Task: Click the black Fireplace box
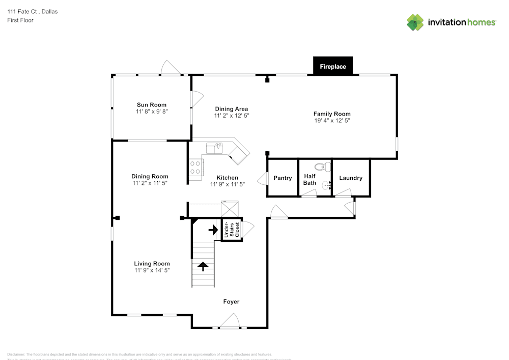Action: click(333, 66)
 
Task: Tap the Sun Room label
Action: click(151, 105)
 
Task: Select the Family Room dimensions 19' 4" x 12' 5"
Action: click(332, 121)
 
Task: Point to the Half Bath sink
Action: click(326, 185)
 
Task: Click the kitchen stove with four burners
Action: click(195, 168)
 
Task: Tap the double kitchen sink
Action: click(215, 148)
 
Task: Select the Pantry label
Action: click(282, 178)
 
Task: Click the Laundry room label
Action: click(351, 178)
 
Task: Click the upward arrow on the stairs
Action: click(203, 266)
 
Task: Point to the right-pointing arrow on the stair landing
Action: click(213, 230)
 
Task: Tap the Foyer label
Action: click(231, 302)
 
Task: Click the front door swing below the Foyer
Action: click(231, 321)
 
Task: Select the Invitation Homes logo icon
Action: click(415, 22)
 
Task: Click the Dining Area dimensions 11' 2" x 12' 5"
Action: click(231, 116)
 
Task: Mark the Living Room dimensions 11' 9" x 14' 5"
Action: click(152, 270)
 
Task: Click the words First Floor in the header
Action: click(20, 20)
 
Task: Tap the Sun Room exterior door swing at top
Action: click(168, 68)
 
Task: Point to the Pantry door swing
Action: click(263, 179)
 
